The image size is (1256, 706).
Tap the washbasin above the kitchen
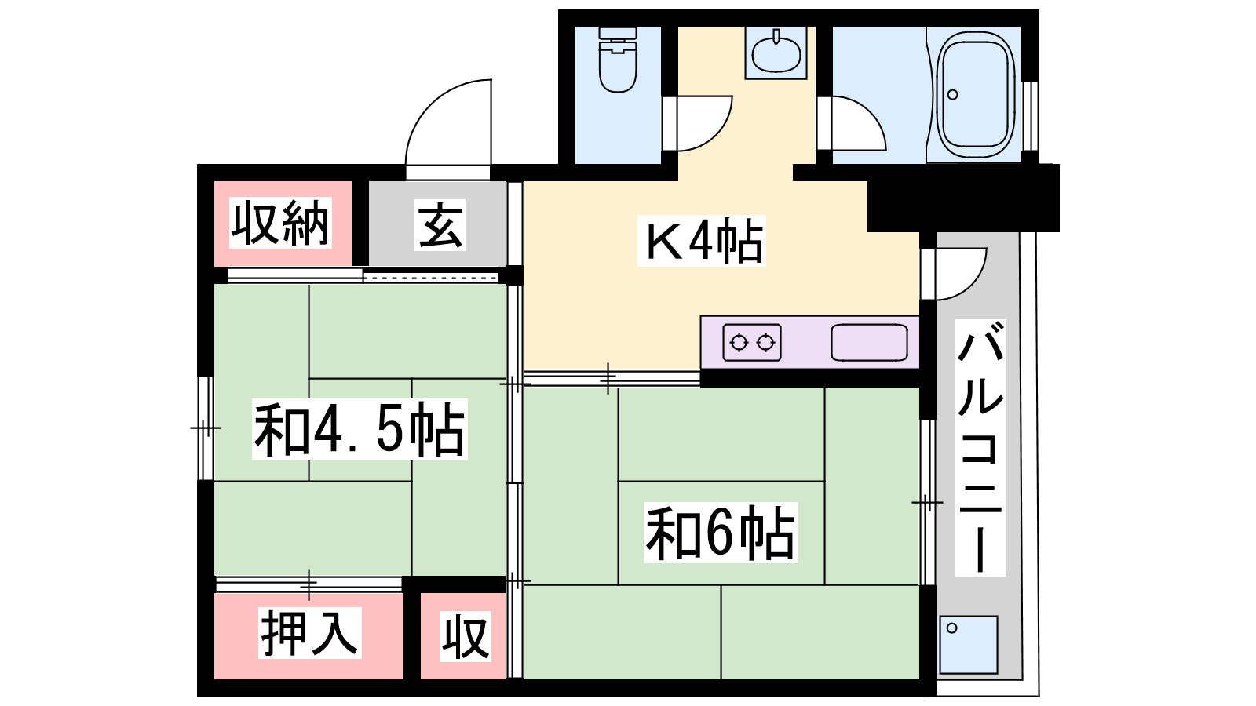tap(776, 53)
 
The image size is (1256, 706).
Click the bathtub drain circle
tap(953, 95)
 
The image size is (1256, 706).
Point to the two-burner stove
tap(752, 342)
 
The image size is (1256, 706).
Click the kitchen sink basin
tap(869, 342)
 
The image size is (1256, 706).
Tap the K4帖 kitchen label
tap(702, 241)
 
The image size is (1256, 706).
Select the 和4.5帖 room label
tap(360, 430)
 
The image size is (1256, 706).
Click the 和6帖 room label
tap(721, 533)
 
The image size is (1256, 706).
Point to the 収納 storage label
tap(280, 223)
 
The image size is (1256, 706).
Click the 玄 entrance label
tap(440, 224)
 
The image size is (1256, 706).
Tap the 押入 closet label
tap(309, 632)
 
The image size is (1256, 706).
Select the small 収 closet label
tap(465, 636)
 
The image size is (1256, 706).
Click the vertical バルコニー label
tap(980, 448)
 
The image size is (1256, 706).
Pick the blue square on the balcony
tap(969, 645)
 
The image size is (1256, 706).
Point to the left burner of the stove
tap(739, 342)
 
